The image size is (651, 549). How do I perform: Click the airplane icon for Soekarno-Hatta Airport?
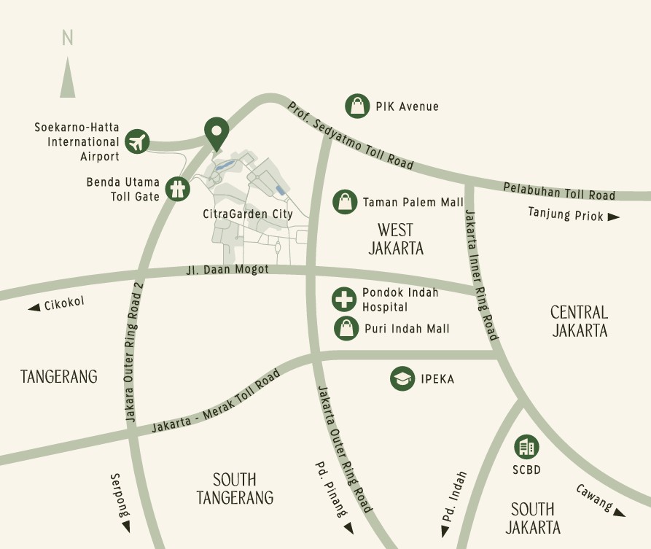[x=136, y=141]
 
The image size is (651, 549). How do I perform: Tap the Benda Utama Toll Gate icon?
[x=177, y=189]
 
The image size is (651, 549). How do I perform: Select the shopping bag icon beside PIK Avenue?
[x=357, y=106]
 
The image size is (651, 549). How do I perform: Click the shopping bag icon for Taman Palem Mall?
[x=345, y=202]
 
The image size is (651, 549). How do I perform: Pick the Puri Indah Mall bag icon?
[x=346, y=329]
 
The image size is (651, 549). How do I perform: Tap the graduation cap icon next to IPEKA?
[x=402, y=378]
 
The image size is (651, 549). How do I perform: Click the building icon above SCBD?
[x=526, y=446]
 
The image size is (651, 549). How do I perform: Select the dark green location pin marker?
[x=216, y=133]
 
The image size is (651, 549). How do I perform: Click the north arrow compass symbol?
[x=68, y=77]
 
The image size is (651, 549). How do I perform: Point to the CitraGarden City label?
[x=247, y=214]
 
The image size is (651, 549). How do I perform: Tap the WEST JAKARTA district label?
[x=396, y=239]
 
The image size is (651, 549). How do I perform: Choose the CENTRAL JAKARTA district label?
[x=580, y=321]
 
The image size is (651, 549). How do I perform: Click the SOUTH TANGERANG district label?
[x=235, y=488]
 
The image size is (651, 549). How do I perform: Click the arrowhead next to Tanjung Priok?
[x=614, y=217]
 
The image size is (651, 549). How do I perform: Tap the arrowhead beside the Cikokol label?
[x=34, y=308]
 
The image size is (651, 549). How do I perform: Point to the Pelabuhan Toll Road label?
[x=559, y=191]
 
